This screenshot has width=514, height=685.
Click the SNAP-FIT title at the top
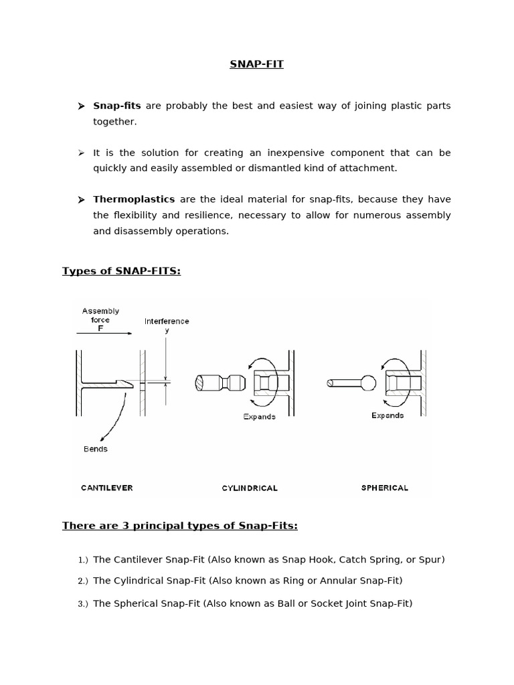(257, 64)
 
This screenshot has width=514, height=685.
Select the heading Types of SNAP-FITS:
(121, 271)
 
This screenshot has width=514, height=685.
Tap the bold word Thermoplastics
(134, 199)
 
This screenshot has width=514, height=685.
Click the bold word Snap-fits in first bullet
(117, 106)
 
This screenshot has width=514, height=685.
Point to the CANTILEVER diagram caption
(107, 488)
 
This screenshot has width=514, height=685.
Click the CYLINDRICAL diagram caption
(250, 488)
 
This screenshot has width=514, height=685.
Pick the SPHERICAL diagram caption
(384, 488)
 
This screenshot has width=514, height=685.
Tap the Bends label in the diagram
(96, 449)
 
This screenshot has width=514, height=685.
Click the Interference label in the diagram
(167, 321)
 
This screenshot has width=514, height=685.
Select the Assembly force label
(100, 315)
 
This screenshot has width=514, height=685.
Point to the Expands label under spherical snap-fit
(388, 415)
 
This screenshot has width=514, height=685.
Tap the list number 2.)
(83, 581)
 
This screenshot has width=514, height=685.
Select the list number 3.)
(83, 604)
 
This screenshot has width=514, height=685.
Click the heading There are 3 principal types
(179, 526)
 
